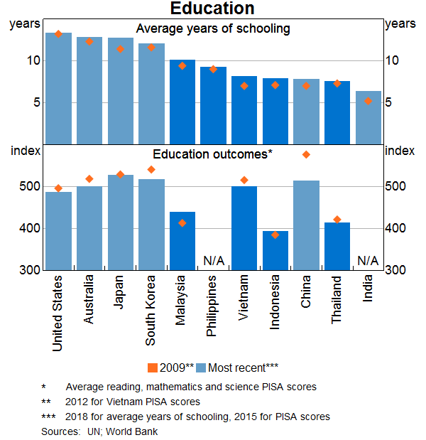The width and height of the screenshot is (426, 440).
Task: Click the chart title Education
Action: pyautogui.click(x=212, y=9)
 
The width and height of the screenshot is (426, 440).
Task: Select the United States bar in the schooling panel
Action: pyautogui.click(x=58, y=87)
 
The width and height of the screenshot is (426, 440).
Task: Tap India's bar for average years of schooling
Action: pyautogui.click(x=368, y=117)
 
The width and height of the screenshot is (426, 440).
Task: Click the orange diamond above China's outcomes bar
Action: pyautogui.click(x=306, y=154)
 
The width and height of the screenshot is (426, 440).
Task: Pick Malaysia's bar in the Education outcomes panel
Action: pyautogui.click(x=182, y=241)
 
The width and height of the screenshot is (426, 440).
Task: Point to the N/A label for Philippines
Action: pyautogui.click(x=214, y=261)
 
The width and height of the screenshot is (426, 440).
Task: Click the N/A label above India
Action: pyautogui.click(x=368, y=261)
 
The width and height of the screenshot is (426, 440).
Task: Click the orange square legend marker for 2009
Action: pyautogui.click(x=153, y=367)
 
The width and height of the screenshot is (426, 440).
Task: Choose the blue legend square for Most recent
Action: pyautogui.click(x=202, y=367)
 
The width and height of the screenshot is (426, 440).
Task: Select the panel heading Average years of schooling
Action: pyautogui.click(x=213, y=29)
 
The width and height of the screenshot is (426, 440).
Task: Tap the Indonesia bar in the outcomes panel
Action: pyautogui.click(x=275, y=250)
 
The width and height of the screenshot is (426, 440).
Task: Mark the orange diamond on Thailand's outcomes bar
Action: pyautogui.click(x=337, y=220)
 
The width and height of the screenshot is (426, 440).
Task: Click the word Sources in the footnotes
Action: pyautogui.click(x=60, y=431)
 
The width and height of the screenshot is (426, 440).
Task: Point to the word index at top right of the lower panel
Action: pyautogui.click(x=399, y=150)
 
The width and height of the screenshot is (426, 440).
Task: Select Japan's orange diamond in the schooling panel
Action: pyautogui.click(x=120, y=49)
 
